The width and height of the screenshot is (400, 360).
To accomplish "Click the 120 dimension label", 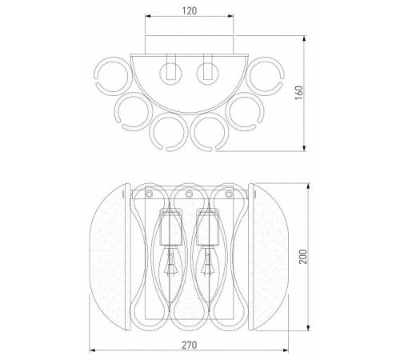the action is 190,10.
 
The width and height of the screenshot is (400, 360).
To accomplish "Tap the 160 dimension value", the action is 299,93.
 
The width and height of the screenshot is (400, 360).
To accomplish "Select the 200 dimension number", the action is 303,256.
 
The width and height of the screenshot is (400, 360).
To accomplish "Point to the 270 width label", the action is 190,345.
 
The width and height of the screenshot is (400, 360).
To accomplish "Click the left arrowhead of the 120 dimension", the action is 148,16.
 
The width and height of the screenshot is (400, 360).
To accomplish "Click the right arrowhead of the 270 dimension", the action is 286,350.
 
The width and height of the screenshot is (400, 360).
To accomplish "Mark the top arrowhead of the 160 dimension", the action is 304,38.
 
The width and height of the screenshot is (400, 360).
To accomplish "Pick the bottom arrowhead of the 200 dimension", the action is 309,328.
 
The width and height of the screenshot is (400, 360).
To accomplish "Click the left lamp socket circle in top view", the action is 170,73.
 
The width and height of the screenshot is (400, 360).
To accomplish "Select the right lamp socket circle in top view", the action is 207,73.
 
